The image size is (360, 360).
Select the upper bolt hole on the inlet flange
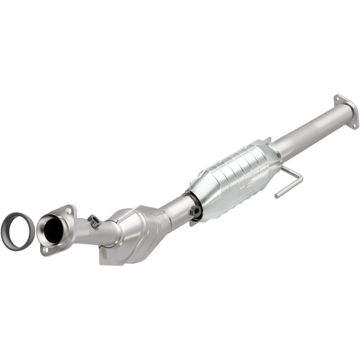tap(69, 210)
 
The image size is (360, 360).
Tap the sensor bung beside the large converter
tap(195, 211)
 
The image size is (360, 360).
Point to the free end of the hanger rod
tap(277, 196)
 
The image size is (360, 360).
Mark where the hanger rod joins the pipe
tap(282, 168)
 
